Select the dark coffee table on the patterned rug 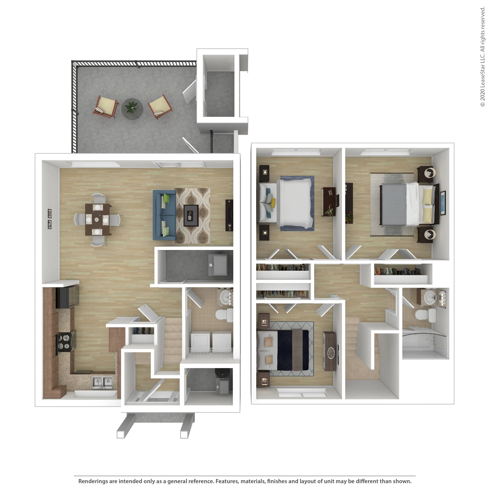coord(191,215)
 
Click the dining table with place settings coord(97,219)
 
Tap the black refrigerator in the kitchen coord(67,297)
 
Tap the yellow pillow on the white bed coord(273,202)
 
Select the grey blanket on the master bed coord(393,204)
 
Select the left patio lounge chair coord(105,106)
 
